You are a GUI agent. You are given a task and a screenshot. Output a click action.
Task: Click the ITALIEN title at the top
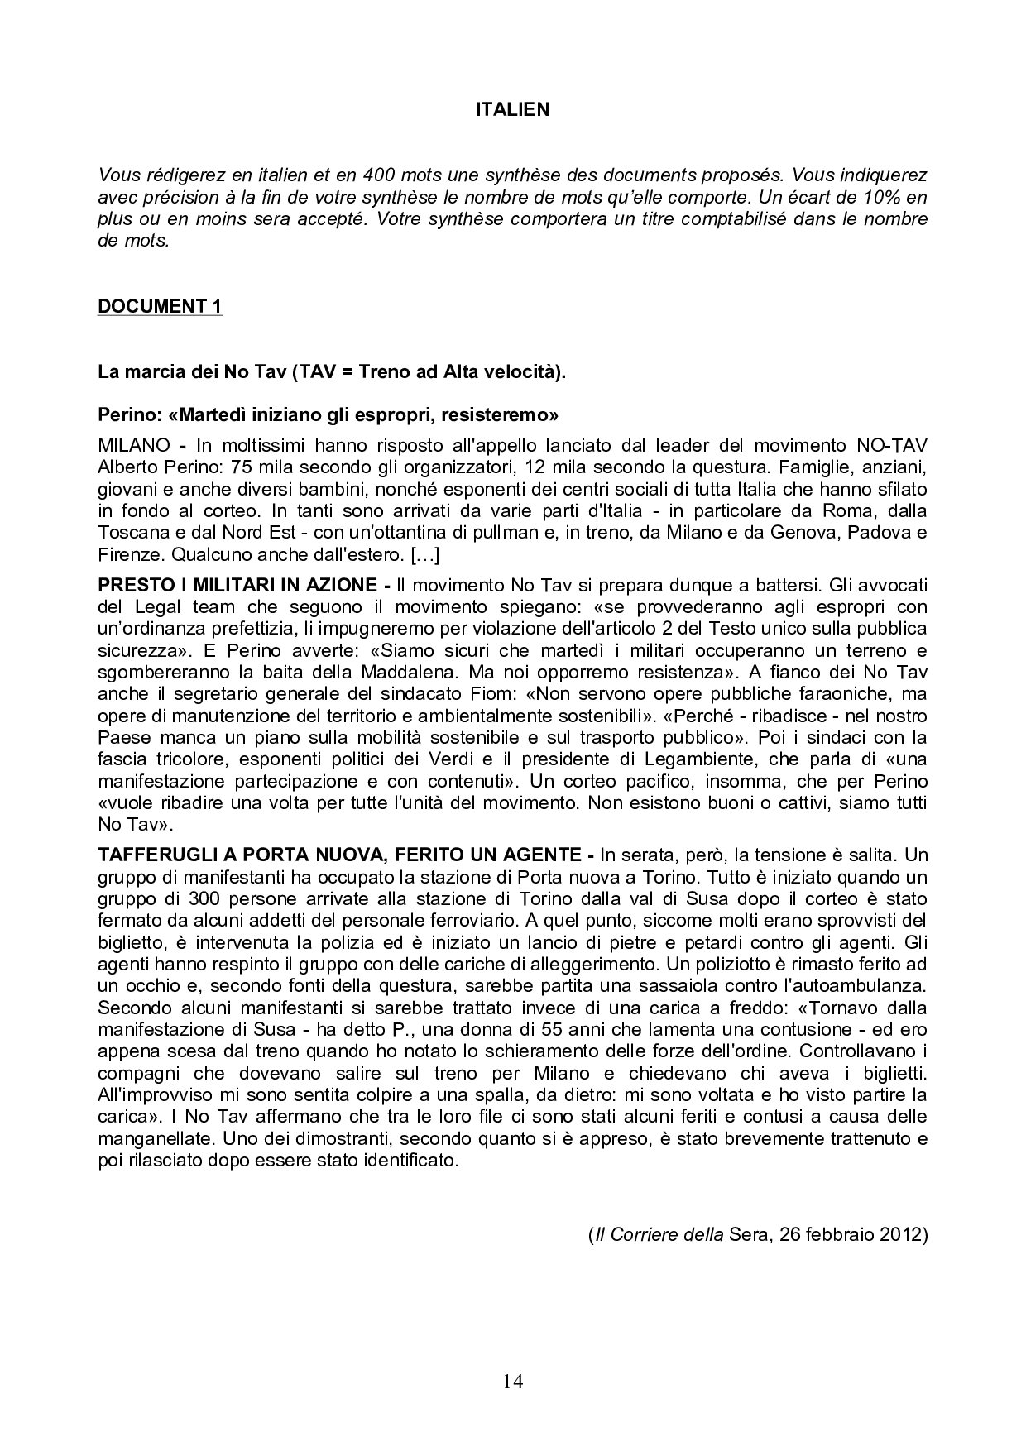[x=512, y=109]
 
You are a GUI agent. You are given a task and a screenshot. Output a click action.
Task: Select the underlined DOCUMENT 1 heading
[x=160, y=306]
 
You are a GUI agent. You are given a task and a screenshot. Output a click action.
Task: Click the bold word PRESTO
[x=128, y=585]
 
